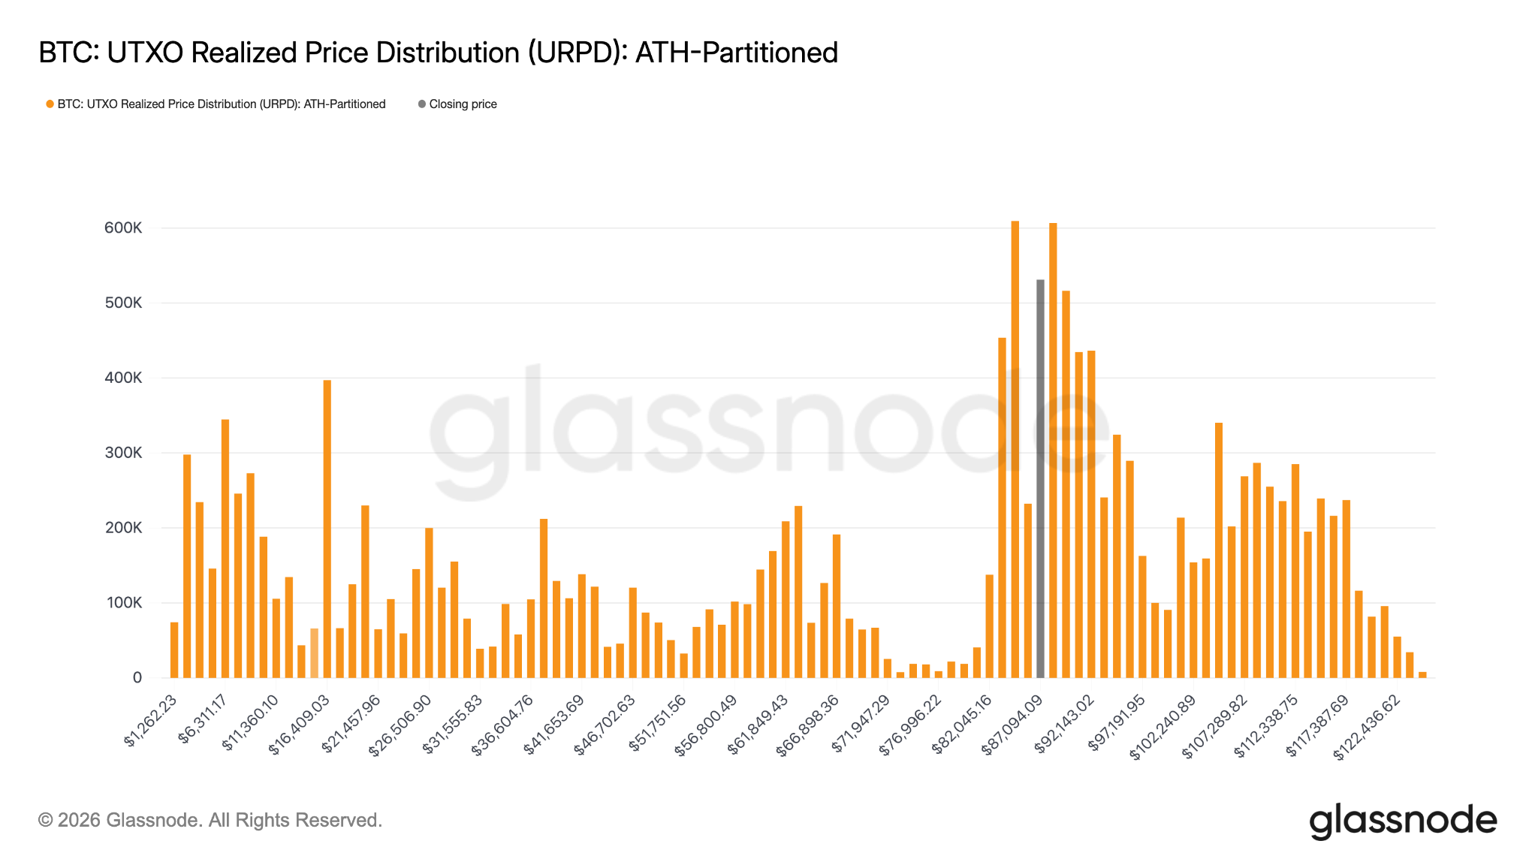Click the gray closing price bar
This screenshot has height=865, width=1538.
click(1040, 481)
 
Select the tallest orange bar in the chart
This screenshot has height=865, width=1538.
click(1015, 451)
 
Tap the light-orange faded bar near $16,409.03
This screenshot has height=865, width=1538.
click(314, 653)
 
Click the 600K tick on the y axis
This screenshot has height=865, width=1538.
click(123, 228)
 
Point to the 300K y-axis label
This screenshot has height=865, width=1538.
click(123, 453)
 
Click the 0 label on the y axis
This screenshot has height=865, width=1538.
click(137, 678)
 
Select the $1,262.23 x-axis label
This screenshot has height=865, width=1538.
click(152, 722)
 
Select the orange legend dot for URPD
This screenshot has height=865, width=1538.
click(50, 104)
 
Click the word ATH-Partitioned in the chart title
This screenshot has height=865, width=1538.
click(736, 53)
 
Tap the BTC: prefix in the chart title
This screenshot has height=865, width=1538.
click(68, 53)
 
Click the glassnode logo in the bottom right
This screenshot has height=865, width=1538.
click(1403, 821)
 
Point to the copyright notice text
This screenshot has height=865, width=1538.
click(210, 820)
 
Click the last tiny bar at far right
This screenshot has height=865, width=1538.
click(1422, 675)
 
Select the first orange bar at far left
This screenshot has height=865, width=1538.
click(174, 650)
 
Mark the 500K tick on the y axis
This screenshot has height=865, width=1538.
click(123, 303)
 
